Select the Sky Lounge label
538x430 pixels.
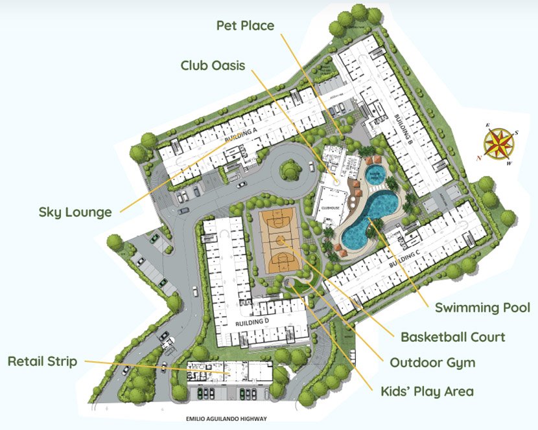click(75, 212)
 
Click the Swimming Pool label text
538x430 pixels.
click(482, 308)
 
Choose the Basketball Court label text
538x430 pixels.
click(452, 337)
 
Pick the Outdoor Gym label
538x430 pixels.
click(432, 363)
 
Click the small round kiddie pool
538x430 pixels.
click(375, 174)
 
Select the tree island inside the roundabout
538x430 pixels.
click(291, 170)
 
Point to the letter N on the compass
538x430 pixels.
click(480, 157)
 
